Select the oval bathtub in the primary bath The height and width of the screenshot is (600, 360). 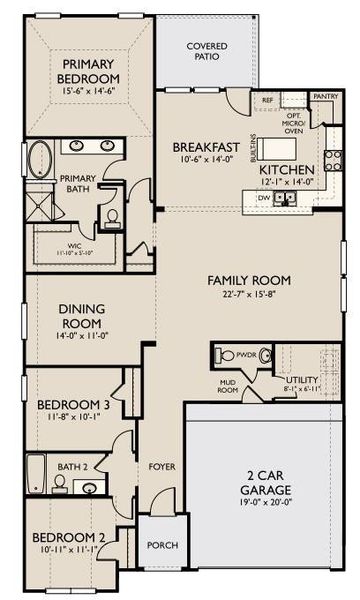pyautogui.click(x=39, y=161)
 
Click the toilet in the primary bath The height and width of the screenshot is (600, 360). pyautogui.click(x=112, y=216)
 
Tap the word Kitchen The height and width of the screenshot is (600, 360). pyautogui.click(x=287, y=170)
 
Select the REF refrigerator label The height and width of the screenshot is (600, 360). pyautogui.click(x=268, y=101)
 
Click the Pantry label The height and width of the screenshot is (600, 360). pyautogui.click(x=324, y=96)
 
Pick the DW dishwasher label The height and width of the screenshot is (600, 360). pyautogui.click(x=263, y=198)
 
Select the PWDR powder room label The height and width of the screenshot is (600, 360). pyautogui.click(x=245, y=354)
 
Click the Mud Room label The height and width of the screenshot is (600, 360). pyautogui.click(x=228, y=388)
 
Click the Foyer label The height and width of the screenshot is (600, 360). pyautogui.click(x=162, y=466)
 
